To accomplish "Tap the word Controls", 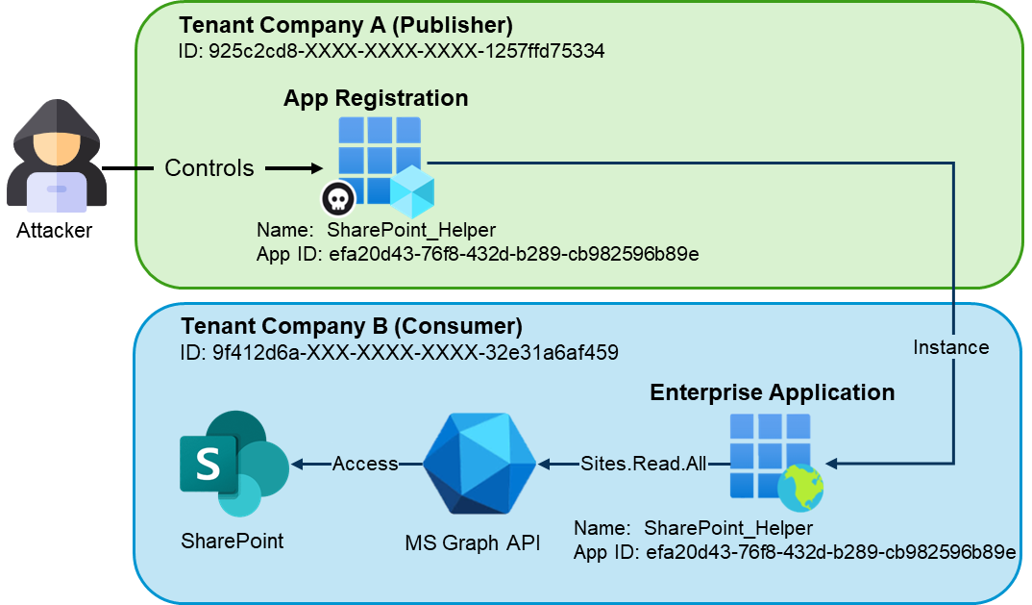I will (209, 168).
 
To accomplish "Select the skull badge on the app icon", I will (338, 199).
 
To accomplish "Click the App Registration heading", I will (376, 98).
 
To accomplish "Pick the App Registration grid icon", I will (381, 160).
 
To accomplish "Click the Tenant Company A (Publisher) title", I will (346, 25).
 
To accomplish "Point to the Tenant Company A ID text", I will (391, 51).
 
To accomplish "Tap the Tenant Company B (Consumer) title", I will (352, 325).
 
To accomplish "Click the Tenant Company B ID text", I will (398, 352).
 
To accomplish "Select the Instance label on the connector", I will (950, 346).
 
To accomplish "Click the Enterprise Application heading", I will (772, 392).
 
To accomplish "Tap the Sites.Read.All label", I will (643, 465).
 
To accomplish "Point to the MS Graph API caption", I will (472, 543).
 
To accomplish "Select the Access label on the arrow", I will (365, 465).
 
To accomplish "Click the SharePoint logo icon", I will (232, 463).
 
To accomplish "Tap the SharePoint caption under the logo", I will (233, 541).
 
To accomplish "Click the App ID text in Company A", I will (478, 255).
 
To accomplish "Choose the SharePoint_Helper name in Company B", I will (728, 528).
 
